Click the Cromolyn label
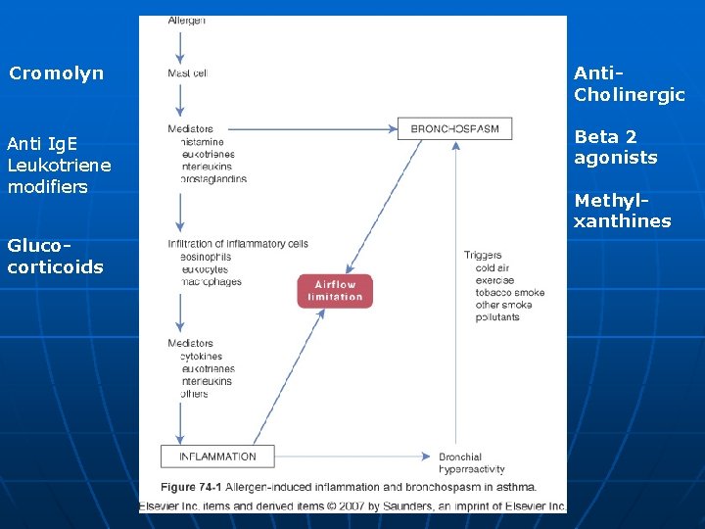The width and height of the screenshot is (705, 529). (x=56, y=73)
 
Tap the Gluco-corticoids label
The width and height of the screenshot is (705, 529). (x=55, y=256)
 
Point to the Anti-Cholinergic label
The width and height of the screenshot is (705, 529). (x=629, y=84)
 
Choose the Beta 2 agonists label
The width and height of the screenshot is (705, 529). (x=615, y=147)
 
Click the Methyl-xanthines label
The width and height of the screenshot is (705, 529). (x=622, y=211)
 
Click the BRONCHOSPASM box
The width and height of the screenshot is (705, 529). (x=454, y=128)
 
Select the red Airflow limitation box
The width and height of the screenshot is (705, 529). (x=335, y=291)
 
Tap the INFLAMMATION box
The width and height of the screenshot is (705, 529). (x=217, y=457)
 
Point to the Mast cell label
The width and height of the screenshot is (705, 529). (x=187, y=72)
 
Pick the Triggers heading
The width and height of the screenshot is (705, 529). (x=483, y=255)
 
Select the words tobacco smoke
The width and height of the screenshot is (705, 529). (x=509, y=292)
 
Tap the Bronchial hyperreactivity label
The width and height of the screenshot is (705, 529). (x=472, y=463)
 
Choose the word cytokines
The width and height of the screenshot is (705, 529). (x=201, y=357)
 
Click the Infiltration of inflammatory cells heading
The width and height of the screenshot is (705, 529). (x=238, y=244)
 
